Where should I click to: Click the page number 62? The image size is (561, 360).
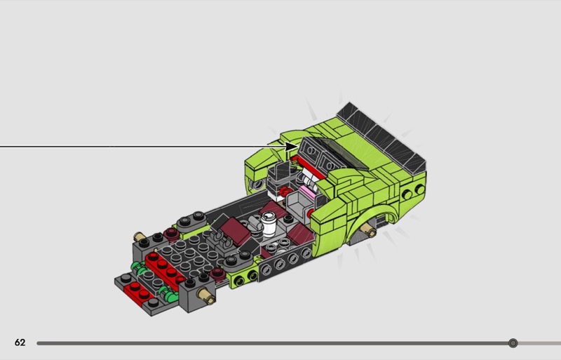point(20,342)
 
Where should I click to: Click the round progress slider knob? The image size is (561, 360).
point(513,343)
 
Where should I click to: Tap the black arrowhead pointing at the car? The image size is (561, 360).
point(291,146)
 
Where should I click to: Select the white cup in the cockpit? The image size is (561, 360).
point(269,223)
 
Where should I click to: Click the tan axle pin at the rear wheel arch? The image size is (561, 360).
point(369,229)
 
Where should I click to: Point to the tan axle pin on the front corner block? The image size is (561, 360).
point(205,295)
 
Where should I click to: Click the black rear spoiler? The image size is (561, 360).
point(381,139)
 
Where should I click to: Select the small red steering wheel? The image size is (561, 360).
point(285,192)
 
